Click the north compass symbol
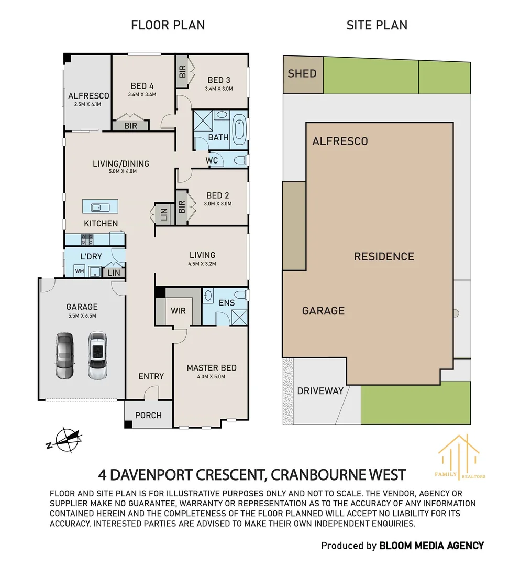[x=64, y=440]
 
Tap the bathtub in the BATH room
[x=239, y=129]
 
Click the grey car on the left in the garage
[x=64, y=355]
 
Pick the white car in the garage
[x=97, y=355]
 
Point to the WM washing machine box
[x=80, y=271]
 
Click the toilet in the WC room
[x=240, y=160]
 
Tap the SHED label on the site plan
[x=302, y=74]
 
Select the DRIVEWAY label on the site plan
[x=320, y=391]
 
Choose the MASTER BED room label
[x=212, y=368]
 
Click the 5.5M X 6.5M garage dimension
[x=82, y=316]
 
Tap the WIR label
[x=178, y=311]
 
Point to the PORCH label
[x=148, y=416]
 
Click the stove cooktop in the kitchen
[x=86, y=240]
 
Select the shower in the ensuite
[x=239, y=317]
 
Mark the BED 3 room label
[x=219, y=80]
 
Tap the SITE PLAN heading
[x=377, y=25]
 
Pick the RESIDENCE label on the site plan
[x=384, y=257]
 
